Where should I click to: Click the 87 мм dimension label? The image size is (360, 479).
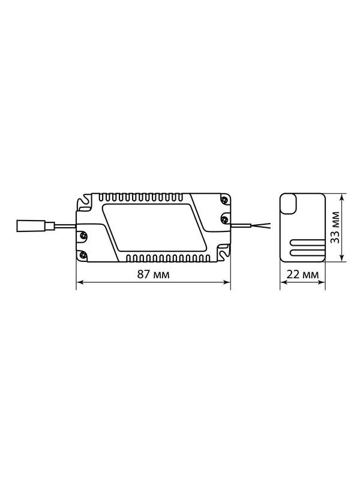pyautogui.click(x=153, y=275)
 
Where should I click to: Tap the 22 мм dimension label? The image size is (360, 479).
pyautogui.click(x=303, y=275)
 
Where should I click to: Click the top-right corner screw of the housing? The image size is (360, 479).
pyautogui.click(x=225, y=200)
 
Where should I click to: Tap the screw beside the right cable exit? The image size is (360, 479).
pyautogui.click(x=225, y=219)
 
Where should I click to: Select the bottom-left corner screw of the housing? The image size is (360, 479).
pyautogui.click(x=82, y=254)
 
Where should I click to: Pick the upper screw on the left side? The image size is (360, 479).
pyautogui.click(x=82, y=235)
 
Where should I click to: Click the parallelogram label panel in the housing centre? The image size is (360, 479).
pyautogui.click(x=154, y=227)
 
